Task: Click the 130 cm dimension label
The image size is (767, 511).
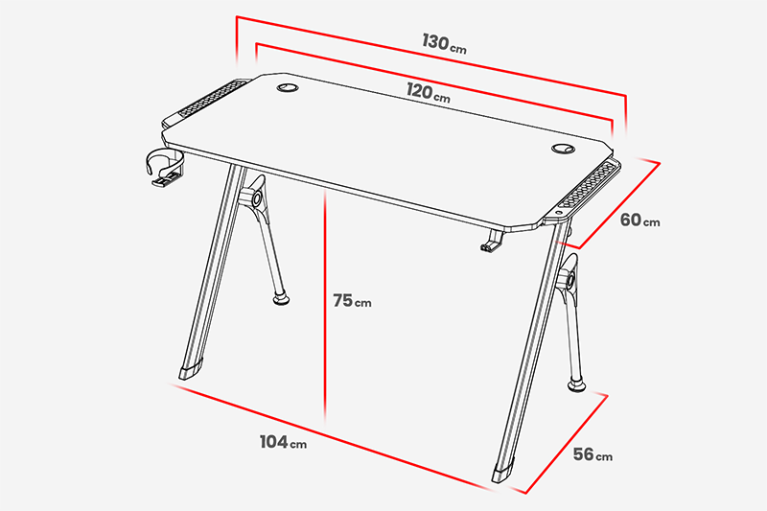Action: (x=444, y=43)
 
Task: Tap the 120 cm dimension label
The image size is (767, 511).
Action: (x=428, y=92)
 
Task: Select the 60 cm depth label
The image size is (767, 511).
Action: (x=639, y=221)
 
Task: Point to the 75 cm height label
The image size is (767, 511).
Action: (x=352, y=301)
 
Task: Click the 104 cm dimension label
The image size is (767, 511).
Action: (x=283, y=442)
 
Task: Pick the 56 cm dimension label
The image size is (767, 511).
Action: (x=593, y=454)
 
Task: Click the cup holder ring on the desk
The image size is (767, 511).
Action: (x=164, y=164)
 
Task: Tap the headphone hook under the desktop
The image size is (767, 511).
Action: (x=492, y=241)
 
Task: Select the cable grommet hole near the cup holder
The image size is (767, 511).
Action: (x=287, y=88)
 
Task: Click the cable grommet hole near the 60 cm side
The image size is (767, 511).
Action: (x=563, y=149)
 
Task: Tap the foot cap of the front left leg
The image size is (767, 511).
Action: (x=190, y=369)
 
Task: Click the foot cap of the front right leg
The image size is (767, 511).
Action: (x=503, y=470)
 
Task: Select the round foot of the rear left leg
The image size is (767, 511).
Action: (x=280, y=298)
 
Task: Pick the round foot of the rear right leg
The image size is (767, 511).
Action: (x=576, y=385)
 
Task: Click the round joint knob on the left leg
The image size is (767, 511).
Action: (x=256, y=198)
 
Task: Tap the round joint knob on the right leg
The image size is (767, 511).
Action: (x=569, y=281)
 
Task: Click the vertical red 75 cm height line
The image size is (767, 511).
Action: (x=325, y=304)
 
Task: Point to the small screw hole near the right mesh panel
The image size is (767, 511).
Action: (x=560, y=213)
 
